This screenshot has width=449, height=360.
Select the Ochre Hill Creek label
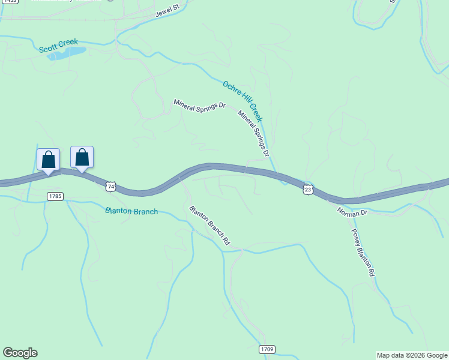click(243, 101)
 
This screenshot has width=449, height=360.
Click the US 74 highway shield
click(110, 187)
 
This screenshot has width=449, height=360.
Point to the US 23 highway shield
click(308, 189)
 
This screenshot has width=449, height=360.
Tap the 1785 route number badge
click(55, 196)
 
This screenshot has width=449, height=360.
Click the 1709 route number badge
click(268, 349)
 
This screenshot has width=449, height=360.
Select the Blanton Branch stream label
click(131, 211)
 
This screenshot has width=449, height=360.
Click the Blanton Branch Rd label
click(209, 226)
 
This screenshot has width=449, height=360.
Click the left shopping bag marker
click(49, 160)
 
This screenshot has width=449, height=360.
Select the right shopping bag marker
click(82, 158)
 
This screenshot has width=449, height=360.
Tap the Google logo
click(20, 353)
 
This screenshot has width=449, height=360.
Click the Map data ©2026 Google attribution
click(412, 355)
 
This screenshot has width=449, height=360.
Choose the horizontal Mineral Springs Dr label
click(199, 104)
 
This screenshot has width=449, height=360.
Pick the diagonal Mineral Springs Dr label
click(253, 134)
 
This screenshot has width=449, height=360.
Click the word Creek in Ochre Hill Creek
click(255, 112)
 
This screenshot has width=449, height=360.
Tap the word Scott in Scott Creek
click(49, 49)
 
